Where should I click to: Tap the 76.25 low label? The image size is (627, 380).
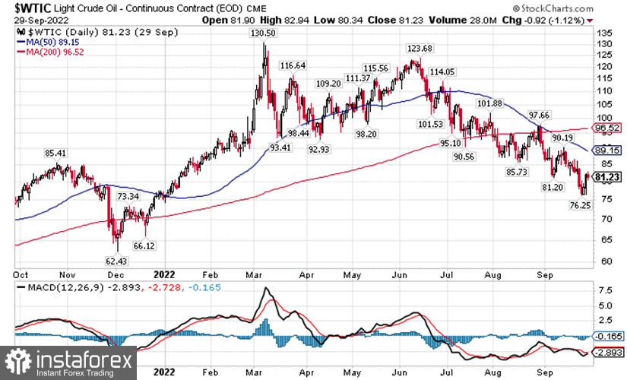tap(580, 205)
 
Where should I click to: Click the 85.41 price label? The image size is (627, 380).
tap(57, 153)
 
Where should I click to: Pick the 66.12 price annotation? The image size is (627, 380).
tap(144, 245)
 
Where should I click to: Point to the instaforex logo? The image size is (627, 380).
tap(68, 363)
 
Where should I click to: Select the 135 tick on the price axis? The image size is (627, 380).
tap(603, 34)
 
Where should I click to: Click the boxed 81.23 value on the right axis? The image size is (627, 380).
tap(608, 176)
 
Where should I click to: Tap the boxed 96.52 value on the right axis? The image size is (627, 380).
tap(608, 128)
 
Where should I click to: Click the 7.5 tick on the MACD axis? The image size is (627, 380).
tap(603, 290)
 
